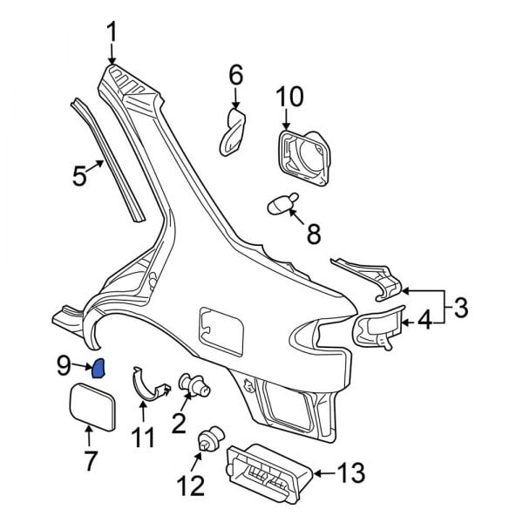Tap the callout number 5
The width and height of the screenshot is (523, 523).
[79, 177]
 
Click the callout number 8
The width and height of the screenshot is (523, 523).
[312, 234]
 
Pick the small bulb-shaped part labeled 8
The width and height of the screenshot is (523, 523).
[280, 205]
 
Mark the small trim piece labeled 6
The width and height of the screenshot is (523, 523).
[232, 132]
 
